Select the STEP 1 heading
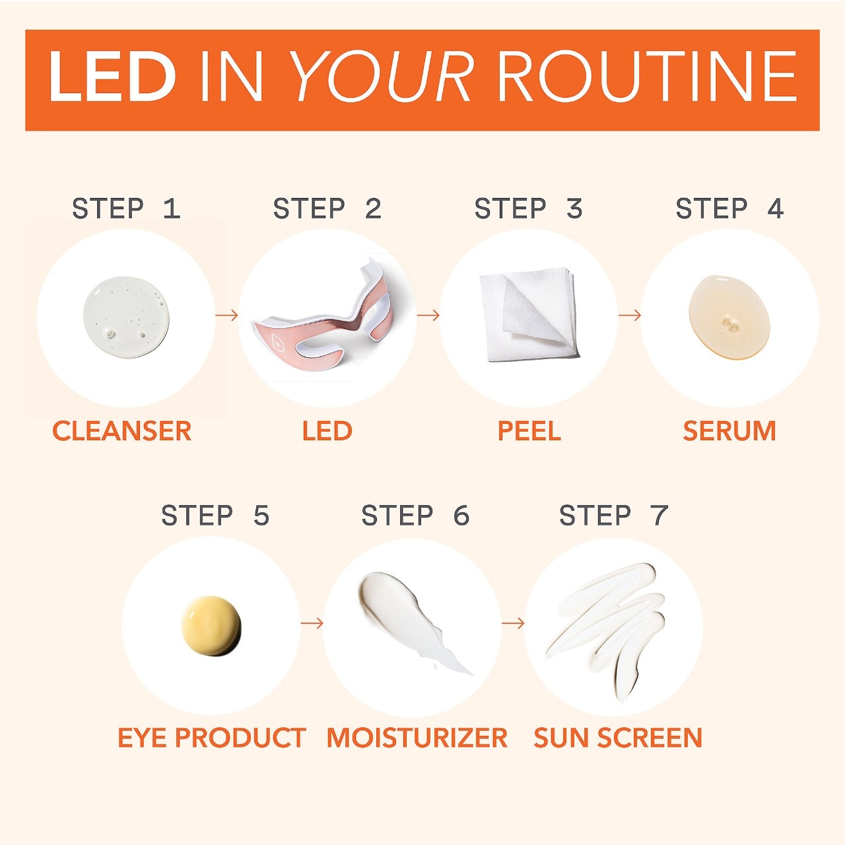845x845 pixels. pyautogui.click(x=126, y=209)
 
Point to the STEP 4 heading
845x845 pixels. pyautogui.click(x=729, y=209)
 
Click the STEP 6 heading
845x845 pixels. pyautogui.click(x=415, y=515)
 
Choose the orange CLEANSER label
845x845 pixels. pyautogui.click(x=122, y=431)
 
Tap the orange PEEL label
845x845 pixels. pyautogui.click(x=529, y=431)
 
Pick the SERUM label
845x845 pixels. pyautogui.click(x=729, y=431)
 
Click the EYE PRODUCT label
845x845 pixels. pyautogui.click(x=212, y=737)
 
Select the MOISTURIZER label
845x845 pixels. pyautogui.click(x=417, y=737)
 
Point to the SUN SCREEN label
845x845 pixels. pyautogui.click(x=618, y=737)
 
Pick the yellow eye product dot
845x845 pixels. pyautogui.click(x=211, y=626)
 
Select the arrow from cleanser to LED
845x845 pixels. pyautogui.click(x=226, y=316)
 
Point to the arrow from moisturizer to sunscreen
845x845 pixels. pyautogui.click(x=513, y=623)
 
